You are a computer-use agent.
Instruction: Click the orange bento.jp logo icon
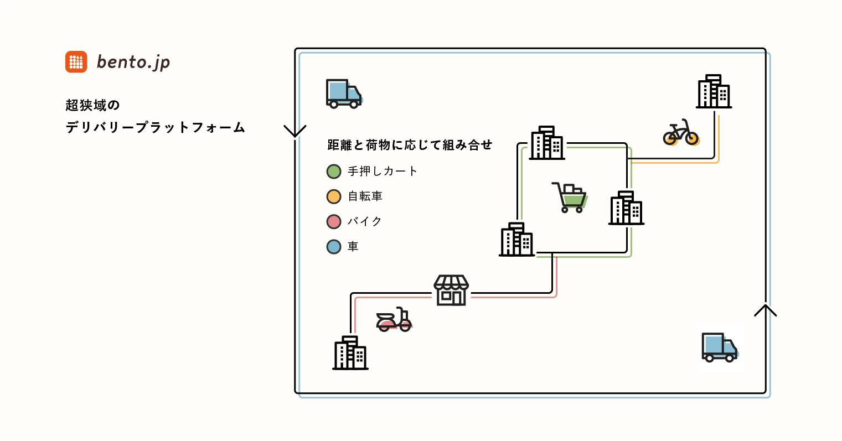pos(76,61)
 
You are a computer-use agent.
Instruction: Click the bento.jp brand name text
pos(133,62)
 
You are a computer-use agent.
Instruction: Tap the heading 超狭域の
pos(92,105)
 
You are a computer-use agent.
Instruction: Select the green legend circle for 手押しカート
pos(334,172)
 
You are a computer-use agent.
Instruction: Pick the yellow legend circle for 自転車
pos(334,196)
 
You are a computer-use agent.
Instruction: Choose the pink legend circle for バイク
pos(334,221)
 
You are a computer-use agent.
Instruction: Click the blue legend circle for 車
pos(334,246)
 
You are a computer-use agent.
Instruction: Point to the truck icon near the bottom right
pos(719,347)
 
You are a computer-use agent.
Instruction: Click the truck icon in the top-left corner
pos(343,93)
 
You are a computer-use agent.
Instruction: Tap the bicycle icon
pos(681,133)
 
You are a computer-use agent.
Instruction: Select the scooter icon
pos(394,320)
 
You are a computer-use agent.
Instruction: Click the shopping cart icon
pos(570,198)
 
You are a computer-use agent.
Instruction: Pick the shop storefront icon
pos(451,290)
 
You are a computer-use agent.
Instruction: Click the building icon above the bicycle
pos(714,91)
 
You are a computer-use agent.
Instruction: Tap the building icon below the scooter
pos(350,352)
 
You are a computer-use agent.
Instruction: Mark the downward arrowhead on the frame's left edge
pos(295,131)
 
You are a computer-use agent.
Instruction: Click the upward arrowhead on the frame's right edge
pos(766,310)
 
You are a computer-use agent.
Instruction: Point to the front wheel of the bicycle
pos(691,137)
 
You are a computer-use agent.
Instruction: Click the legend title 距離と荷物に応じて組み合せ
pos(410,145)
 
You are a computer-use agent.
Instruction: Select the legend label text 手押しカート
pos(383,172)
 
